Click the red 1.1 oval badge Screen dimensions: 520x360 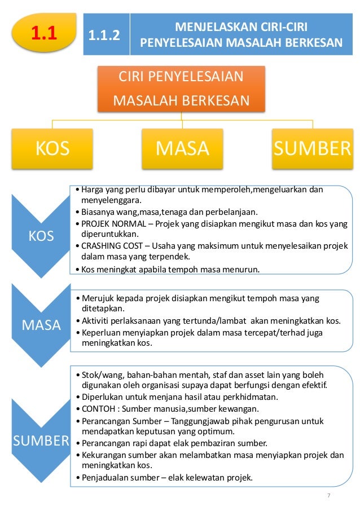[x=43, y=34]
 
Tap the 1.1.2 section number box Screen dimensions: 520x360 [x=106, y=35]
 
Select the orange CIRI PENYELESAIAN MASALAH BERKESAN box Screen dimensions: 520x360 [x=181, y=89]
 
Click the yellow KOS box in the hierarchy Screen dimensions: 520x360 [x=52, y=148]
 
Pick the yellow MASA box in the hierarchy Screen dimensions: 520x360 [x=182, y=148]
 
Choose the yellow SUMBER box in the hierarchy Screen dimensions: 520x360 [x=312, y=148]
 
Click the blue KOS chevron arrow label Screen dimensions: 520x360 [x=41, y=236]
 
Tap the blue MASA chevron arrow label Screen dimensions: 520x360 [x=41, y=325]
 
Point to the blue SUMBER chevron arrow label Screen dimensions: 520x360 [x=41, y=440]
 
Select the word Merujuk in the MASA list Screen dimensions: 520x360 [x=97, y=298]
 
